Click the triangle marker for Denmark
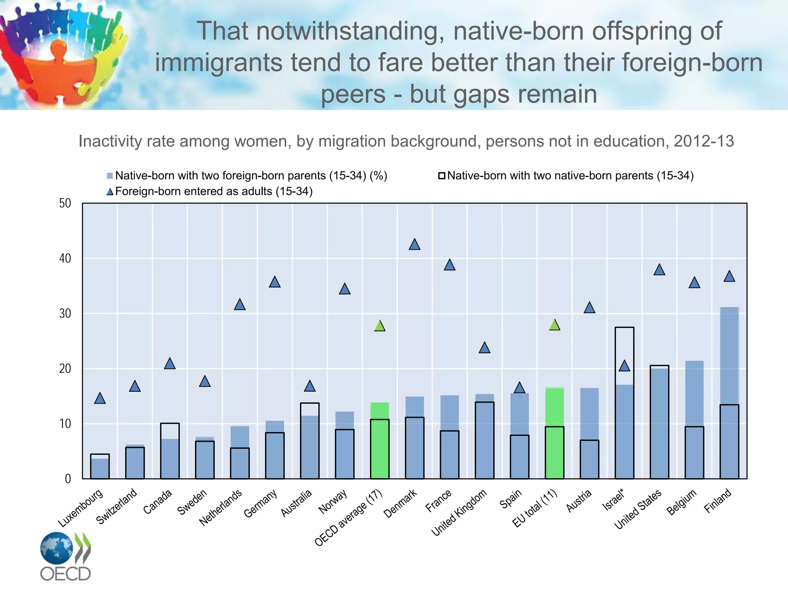[414, 245]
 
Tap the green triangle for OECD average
[380, 326]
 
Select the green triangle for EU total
[554, 325]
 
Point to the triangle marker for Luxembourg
[100, 399]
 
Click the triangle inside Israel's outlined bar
[624, 366]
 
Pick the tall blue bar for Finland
[729, 392]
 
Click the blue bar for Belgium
[695, 419]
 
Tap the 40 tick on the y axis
[65, 259]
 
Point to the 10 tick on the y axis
[65, 424]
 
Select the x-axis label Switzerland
[117, 506]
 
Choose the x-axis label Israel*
[614, 500]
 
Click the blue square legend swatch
[110, 176]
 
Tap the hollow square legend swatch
[442, 176]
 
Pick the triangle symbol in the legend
[110, 192]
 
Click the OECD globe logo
[57, 548]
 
